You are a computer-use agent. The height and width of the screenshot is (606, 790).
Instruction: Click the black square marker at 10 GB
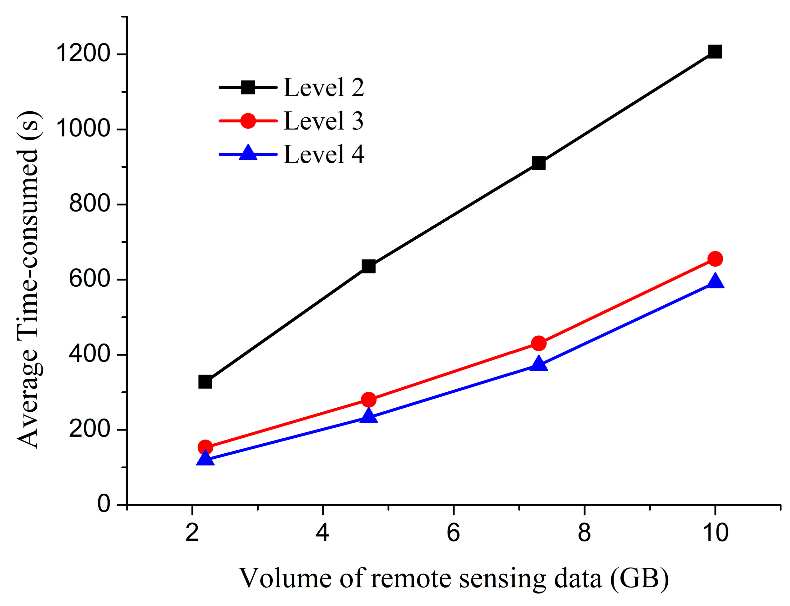coord(715,52)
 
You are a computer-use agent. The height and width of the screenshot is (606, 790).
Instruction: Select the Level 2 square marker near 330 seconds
coord(205,382)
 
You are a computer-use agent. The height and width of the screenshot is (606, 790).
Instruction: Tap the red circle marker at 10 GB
coord(715,259)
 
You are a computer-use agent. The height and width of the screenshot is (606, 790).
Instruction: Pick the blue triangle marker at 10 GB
coord(715,281)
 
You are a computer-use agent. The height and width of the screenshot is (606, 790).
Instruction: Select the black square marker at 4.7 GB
coord(368,267)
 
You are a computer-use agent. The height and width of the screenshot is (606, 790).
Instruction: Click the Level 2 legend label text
coord(323,88)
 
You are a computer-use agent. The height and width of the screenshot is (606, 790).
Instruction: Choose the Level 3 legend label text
coord(323,121)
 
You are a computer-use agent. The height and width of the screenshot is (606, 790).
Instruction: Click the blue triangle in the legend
coord(248,153)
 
